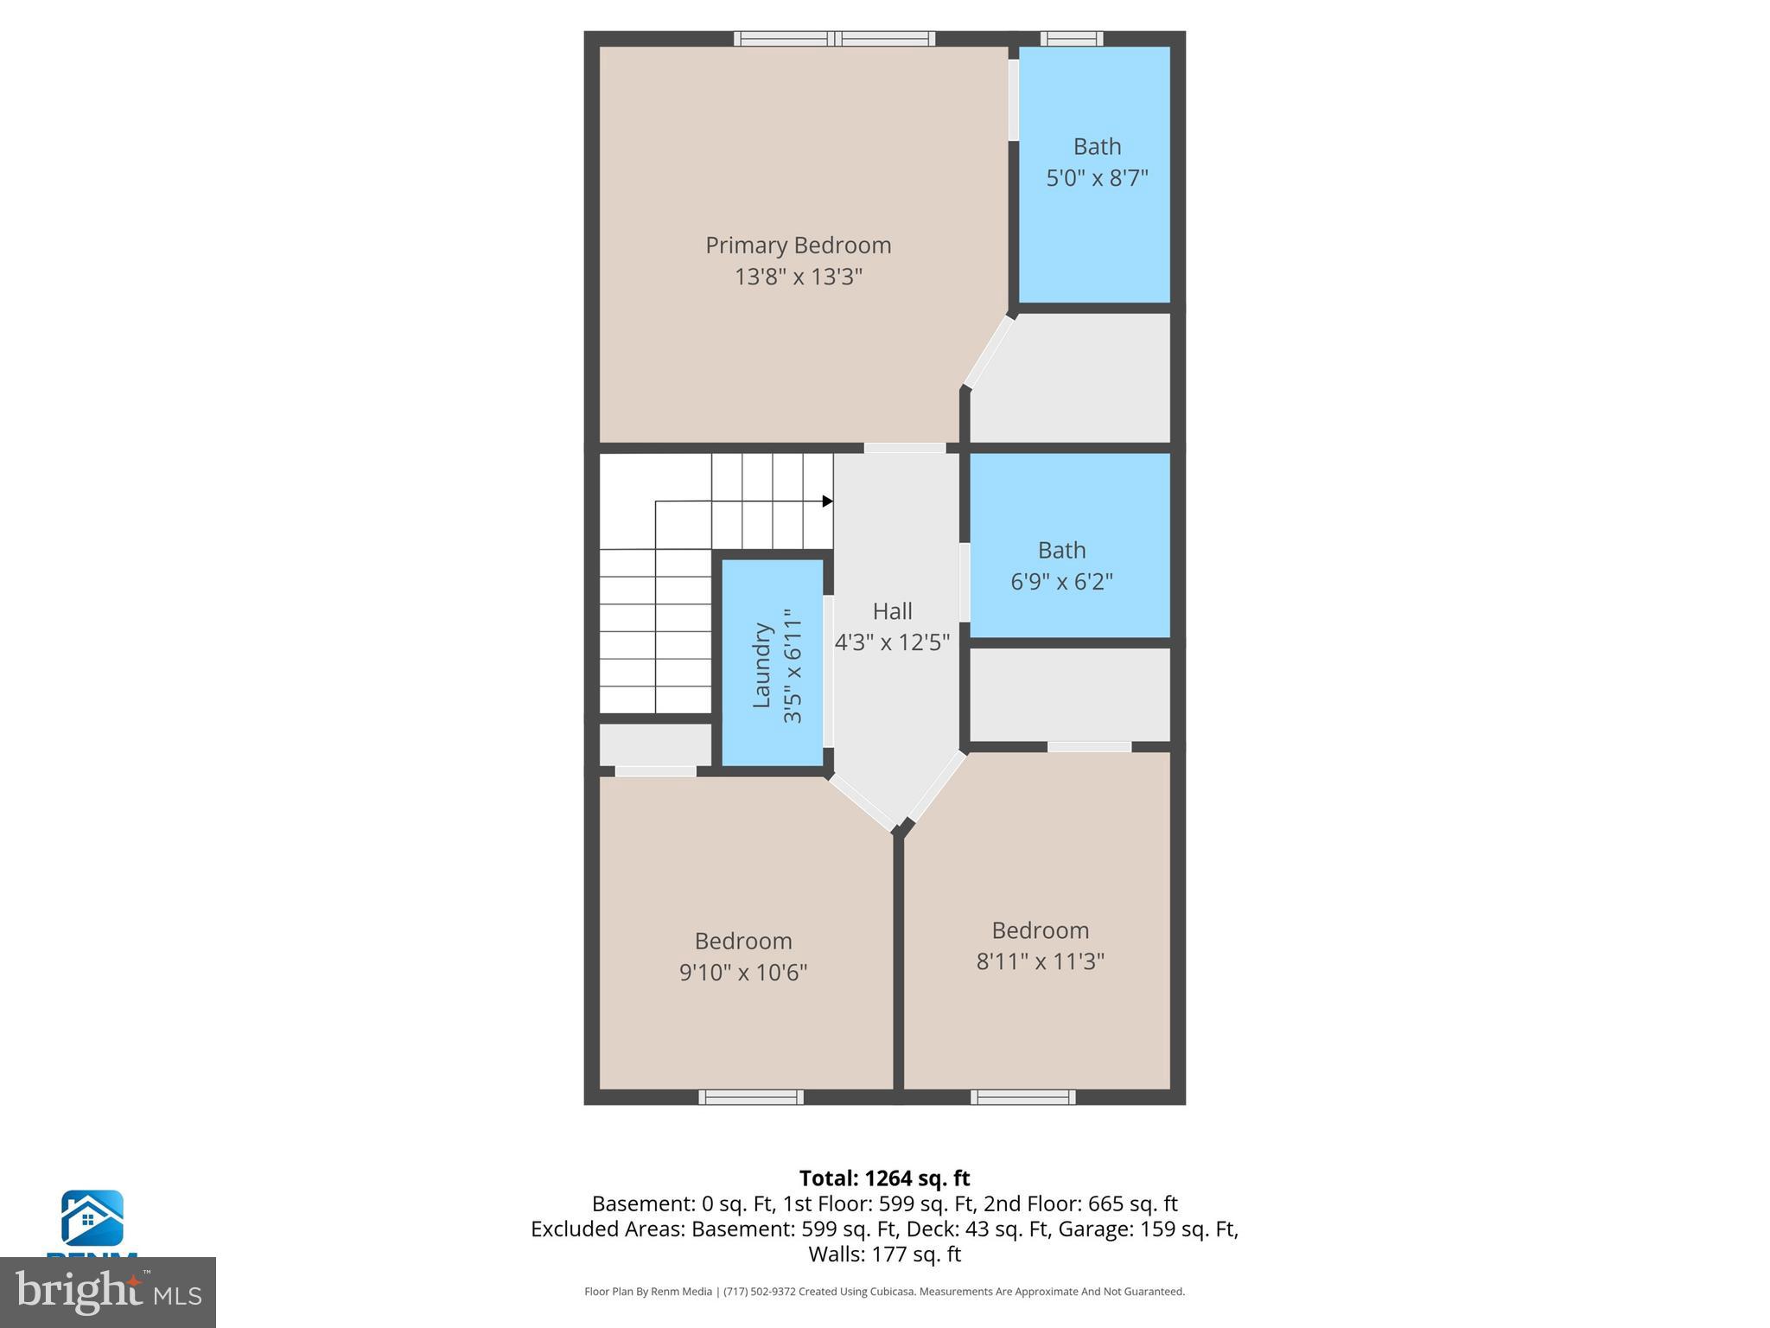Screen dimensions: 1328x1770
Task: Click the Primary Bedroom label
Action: (798, 246)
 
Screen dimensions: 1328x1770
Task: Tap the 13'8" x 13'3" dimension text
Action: (798, 278)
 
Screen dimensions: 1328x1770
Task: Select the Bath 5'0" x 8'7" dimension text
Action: (1097, 179)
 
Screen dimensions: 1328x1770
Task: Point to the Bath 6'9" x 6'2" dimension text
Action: (1061, 582)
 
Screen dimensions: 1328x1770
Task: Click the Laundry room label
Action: (761, 665)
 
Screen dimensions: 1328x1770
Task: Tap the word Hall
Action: (892, 612)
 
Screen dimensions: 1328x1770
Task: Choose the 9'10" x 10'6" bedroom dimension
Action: (743, 973)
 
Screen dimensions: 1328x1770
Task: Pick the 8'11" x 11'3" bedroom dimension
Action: (1040, 961)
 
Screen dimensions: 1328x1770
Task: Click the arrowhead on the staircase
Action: (827, 501)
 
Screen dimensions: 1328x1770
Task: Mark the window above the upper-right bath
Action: (1071, 39)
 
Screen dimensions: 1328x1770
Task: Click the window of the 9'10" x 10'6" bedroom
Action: (751, 1097)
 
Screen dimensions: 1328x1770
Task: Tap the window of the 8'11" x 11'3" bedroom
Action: (1022, 1097)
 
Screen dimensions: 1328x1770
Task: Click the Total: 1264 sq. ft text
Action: (884, 1178)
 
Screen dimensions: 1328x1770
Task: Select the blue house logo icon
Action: (92, 1218)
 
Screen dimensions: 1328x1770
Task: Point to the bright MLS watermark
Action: (108, 1293)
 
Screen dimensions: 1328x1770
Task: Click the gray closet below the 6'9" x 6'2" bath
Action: (1069, 694)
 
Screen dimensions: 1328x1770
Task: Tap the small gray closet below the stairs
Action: (655, 744)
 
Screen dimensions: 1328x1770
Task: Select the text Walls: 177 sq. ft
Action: (884, 1255)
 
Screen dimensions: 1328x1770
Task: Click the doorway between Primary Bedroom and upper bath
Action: (1014, 99)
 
